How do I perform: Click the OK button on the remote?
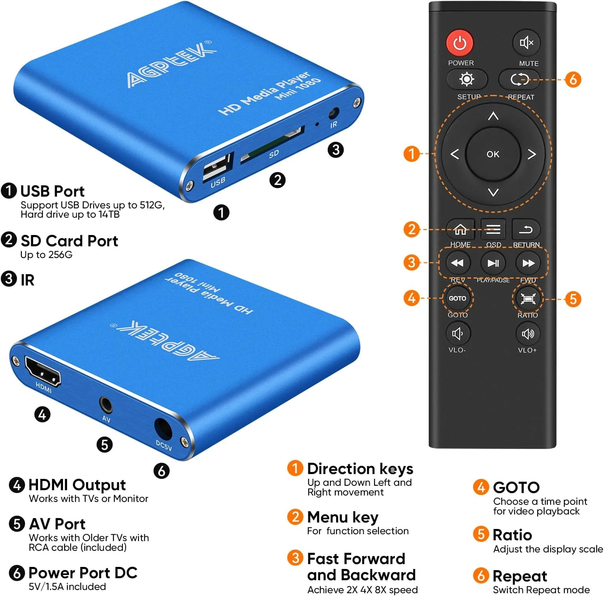tap(492, 154)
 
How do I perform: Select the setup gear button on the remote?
tap(467, 79)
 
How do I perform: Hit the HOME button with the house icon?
tap(460, 229)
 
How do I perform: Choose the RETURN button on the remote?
tap(526, 229)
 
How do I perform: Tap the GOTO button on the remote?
tap(457, 298)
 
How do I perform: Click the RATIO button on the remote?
tap(528, 298)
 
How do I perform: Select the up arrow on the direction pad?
tap(493, 116)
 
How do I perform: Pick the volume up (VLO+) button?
tap(528, 334)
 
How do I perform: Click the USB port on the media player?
tap(217, 166)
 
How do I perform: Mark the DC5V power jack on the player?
tap(163, 429)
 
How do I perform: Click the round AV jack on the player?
tap(106, 404)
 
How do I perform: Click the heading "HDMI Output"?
tap(77, 485)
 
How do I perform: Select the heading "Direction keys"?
tap(360, 469)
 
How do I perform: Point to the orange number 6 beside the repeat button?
tap(573, 80)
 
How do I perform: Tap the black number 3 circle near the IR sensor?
tap(335, 150)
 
